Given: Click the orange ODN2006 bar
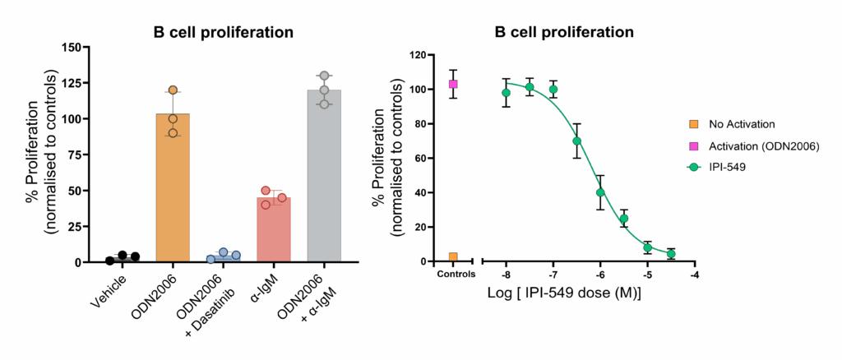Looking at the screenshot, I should pyautogui.click(x=172, y=189).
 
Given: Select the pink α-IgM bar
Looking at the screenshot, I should pyautogui.click(x=274, y=230).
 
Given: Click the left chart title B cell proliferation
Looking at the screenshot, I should pyautogui.click(x=224, y=33).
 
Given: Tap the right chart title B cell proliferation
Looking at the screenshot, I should pyautogui.click(x=564, y=33).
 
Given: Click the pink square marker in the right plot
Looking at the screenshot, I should pyautogui.click(x=453, y=85).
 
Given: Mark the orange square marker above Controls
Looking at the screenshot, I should pyautogui.click(x=453, y=257).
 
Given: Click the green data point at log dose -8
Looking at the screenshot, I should pyautogui.click(x=506, y=93).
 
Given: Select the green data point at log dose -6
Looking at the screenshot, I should pyautogui.click(x=600, y=192).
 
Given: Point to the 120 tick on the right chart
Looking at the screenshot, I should pyautogui.click(x=419, y=55).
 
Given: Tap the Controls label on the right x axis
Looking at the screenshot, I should pyautogui.click(x=453, y=275).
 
